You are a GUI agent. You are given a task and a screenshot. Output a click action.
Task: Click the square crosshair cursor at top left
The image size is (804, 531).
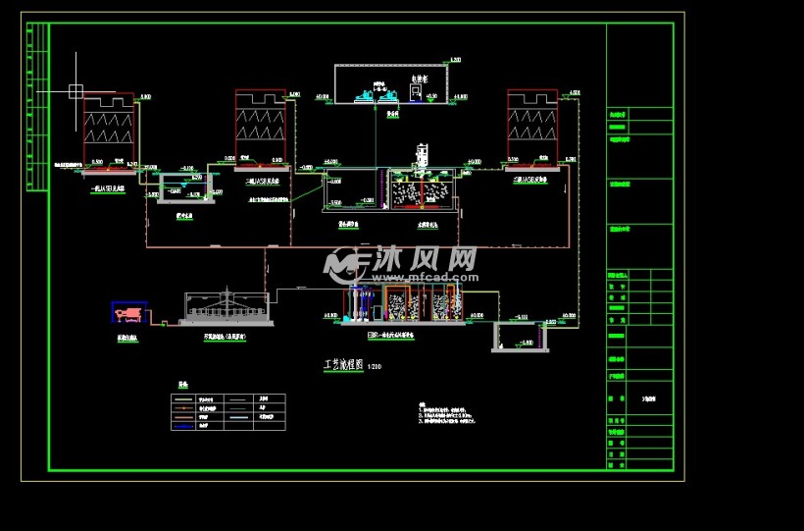tap(75, 91)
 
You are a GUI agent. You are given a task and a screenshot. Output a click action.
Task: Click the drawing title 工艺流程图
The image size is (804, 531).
tap(343, 364)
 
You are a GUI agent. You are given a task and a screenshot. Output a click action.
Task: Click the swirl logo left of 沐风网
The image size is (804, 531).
tap(342, 262)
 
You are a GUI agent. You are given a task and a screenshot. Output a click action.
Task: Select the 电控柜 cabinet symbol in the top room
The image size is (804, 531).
tap(417, 93)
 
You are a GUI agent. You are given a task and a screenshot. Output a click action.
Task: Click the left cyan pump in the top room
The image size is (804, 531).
tap(365, 95)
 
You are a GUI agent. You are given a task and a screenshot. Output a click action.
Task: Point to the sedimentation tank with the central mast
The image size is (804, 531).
tap(226, 307)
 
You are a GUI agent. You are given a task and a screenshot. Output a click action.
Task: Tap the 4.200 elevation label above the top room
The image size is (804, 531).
tap(455, 61)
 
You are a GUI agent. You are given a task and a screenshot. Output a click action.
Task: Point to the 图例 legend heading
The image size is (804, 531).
tap(180, 384)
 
